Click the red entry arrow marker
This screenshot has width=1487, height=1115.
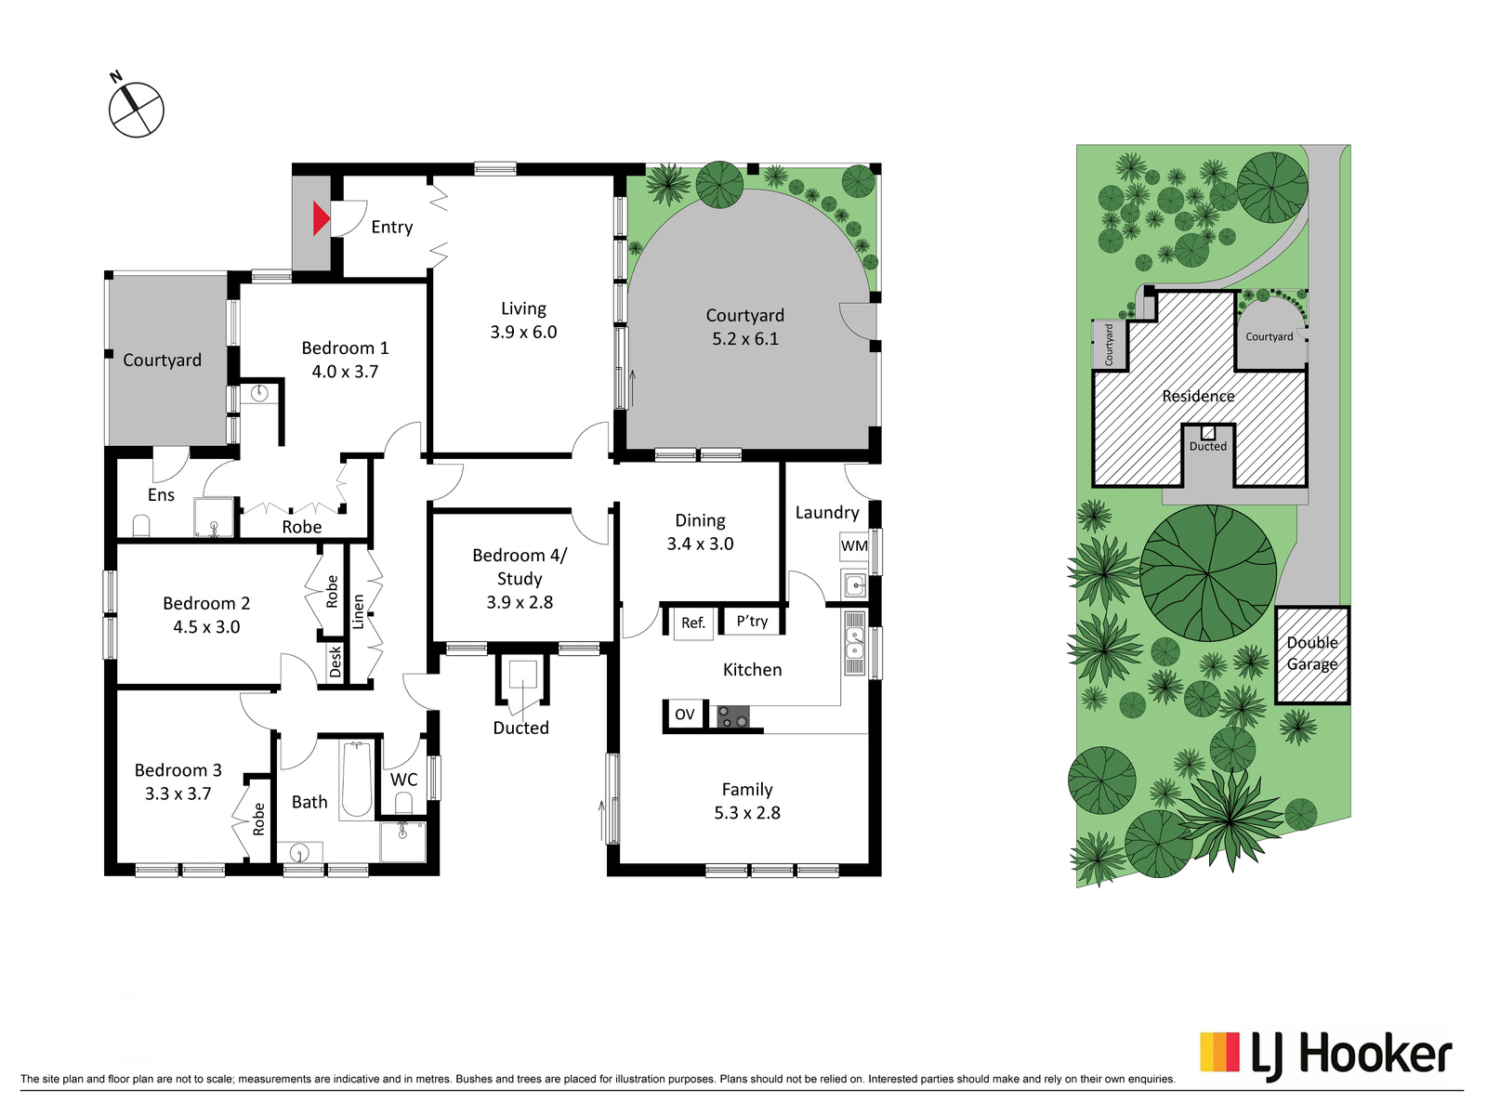tap(321, 218)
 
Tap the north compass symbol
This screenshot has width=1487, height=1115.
tap(136, 109)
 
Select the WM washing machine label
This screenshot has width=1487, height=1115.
tap(853, 545)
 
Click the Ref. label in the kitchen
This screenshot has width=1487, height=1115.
tap(693, 623)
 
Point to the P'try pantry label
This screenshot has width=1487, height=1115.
tap(752, 621)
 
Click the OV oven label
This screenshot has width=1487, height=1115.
tap(684, 715)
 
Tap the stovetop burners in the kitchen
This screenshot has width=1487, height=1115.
tap(733, 716)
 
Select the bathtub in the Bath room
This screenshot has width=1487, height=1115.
tap(356, 780)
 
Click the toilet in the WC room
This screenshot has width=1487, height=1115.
tap(403, 804)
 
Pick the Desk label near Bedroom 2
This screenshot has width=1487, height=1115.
tap(336, 662)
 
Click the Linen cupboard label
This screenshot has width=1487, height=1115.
tap(359, 612)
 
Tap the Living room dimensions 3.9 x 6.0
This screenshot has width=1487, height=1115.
tap(523, 332)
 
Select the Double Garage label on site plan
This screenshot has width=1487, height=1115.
tap(1312, 653)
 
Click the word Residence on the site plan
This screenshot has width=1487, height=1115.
tap(1198, 396)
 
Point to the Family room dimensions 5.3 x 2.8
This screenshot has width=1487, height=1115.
tap(747, 812)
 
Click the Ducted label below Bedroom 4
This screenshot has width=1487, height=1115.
tap(521, 728)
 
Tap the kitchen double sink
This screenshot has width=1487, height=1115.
tap(855, 643)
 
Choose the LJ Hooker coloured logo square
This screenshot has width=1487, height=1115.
tap(1220, 1052)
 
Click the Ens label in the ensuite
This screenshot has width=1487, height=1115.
tap(161, 495)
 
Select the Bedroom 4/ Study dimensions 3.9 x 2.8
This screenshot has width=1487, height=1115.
tap(520, 602)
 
